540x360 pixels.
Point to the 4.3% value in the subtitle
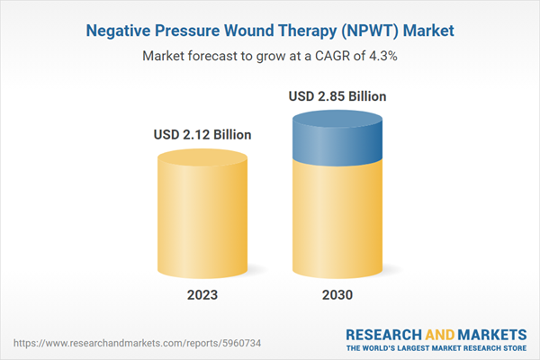click(x=381, y=56)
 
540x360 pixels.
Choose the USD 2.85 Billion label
click(x=337, y=95)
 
